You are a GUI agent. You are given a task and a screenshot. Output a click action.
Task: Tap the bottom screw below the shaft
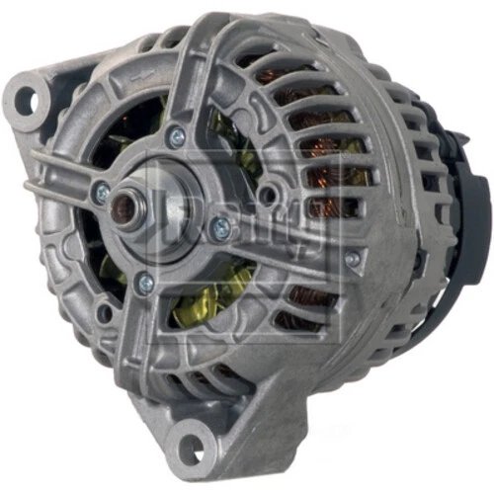[x=145, y=284]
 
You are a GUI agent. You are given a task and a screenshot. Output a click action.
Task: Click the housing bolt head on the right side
[x=353, y=259]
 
